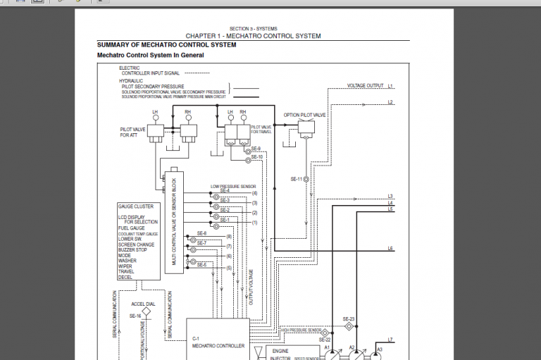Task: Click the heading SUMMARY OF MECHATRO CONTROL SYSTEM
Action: click(x=166, y=44)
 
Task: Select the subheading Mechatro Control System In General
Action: click(x=150, y=55)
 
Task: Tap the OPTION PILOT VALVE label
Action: click(x=304, y=114)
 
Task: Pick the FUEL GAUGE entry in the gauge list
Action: click(x=132, y=228)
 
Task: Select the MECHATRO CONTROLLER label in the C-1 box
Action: click(x=218, y=346)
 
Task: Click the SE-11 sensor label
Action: click(x=296, y=180)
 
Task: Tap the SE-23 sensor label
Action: click(x=349, y=319)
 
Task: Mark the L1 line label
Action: click(x=390, y=86)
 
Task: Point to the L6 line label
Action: click(x=390, y=249)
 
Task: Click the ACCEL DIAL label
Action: click(x=144, y=304)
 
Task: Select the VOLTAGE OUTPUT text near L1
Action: click(x=365, y=86)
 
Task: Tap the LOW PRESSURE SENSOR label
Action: click(x=233, y=187)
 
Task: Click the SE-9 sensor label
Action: click(x=256, y=149)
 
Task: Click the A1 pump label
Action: click(x=327, y=347)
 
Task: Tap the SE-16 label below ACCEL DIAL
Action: click(x=135, y=316)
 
